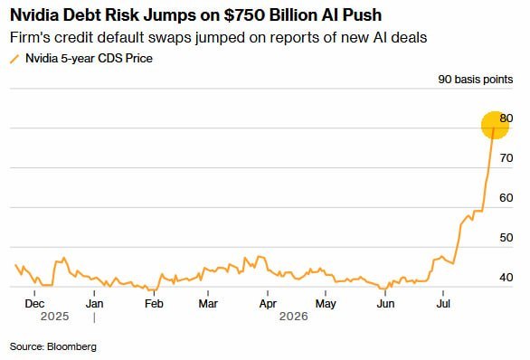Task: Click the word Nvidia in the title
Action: click(34, 14)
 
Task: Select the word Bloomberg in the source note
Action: click(71, 346)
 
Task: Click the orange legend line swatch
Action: click(14, 59)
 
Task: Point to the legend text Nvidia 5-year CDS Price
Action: click(89, 59)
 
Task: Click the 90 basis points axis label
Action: click(476, 80)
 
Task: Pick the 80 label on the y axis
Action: click(506, 118)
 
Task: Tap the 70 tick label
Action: click(506, 158)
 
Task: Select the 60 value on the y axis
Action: click(506, 198)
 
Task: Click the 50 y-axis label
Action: click(506, 238)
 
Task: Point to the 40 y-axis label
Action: click(506, 278)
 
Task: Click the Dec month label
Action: click(34, 304)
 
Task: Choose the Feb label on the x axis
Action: click(154, 304)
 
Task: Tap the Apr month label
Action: click(268, 304)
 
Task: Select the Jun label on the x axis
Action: click(385, 304)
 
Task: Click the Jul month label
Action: click(443, 304)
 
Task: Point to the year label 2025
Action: click(55, 317)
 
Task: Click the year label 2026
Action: click(294, 317)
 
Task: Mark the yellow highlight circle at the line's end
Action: click(496, 125)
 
